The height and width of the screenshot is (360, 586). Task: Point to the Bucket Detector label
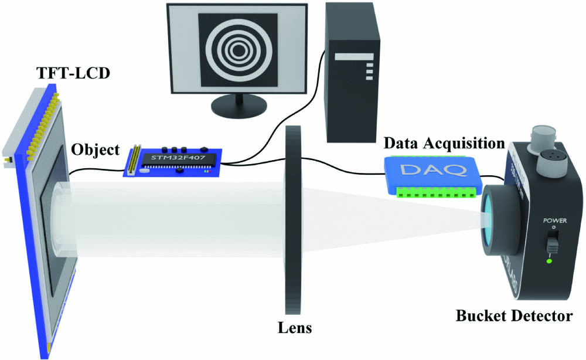(x=513, y=317)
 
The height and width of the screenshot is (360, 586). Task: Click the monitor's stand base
(x=238, y=108)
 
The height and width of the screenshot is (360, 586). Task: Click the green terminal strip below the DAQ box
(x=432, y=192)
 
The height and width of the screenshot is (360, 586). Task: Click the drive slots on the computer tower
(x=369, y=68)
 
